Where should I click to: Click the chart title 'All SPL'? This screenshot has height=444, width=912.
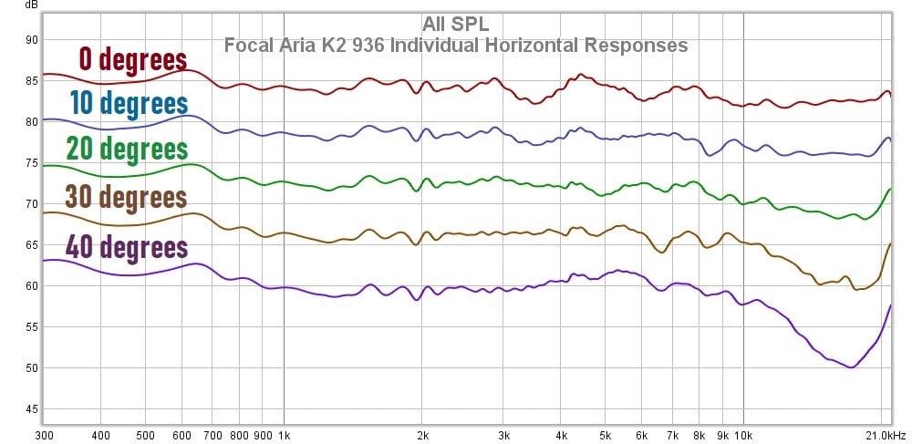click(455, 24)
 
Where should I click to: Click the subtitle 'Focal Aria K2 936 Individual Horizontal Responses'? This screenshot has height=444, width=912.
click(455, 44)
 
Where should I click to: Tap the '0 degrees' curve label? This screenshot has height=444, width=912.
click(132, 59)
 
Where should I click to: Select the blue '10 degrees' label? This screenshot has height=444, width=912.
click(129, 103)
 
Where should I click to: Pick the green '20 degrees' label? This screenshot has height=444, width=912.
click(127, 148)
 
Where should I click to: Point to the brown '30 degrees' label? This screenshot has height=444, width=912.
click(126, 196)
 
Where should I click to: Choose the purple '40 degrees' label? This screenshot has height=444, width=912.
click(126, 246)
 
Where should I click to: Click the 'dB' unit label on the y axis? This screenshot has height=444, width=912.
click(31, 5)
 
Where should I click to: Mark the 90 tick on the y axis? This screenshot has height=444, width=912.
click(31, 39)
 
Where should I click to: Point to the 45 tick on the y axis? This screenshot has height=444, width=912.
click(31, 409)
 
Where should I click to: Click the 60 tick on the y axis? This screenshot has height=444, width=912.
click(31, 286)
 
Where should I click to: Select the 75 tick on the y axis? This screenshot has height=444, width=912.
click(31, 163)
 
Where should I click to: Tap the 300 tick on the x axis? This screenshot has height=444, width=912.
click(45, 435)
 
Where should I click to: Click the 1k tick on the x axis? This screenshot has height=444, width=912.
click(284, 435)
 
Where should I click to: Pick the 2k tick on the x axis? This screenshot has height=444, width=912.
click(422, 435)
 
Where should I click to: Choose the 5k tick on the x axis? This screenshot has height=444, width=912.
click(605, 435)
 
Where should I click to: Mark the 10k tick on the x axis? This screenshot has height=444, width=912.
click(743, 435)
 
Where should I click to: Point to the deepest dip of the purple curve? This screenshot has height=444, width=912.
click(850, 367)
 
